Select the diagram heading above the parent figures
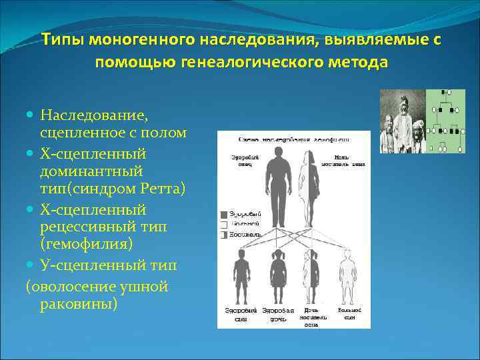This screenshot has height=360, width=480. (x=293, y=139)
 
